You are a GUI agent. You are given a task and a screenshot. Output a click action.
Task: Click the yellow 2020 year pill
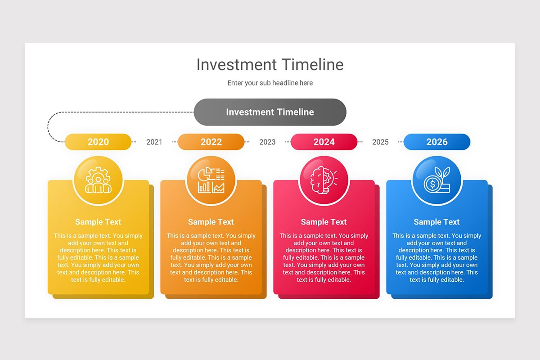[x=98, y=142]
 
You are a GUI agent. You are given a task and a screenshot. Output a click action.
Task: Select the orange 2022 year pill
[x=211, y=142]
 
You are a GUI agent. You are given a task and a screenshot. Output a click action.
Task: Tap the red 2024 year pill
[x=324, y=142]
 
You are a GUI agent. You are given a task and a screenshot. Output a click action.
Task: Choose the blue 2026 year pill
[x=437, y=142]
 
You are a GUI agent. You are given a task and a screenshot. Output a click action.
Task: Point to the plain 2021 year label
[x=154, y=142]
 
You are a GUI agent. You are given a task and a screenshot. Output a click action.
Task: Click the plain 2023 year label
[x=267, y=142]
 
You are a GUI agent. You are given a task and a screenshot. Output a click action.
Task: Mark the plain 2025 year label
[x=380, y=142]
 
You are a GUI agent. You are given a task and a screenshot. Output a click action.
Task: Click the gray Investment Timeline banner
[x=270, y=112]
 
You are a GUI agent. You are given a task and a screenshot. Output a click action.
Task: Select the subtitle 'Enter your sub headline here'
[x=270, y=83]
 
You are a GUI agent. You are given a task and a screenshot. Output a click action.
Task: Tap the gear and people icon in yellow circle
[x=98, y=180]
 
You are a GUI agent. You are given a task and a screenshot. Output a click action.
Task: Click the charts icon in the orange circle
[x=211, y=180]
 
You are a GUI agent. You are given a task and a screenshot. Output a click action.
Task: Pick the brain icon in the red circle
[x=324, y=180]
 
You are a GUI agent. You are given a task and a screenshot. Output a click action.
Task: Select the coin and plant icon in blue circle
[x=437, y=180]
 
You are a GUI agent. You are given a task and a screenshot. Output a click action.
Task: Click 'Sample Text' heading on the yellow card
[x=98, y=222]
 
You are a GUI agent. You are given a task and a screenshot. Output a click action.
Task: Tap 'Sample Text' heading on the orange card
[x=211, y=222]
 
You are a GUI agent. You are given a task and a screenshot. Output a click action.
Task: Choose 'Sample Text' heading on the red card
[x=324, y=222]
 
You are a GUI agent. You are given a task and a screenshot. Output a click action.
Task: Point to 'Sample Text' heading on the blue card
[x=437, y=222]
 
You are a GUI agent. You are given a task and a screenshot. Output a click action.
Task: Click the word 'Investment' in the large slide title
[x=236, y=65]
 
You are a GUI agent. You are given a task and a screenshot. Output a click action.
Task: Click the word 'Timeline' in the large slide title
[x=313, y=65]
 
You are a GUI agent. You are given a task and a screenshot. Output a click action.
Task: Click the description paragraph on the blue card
[x=437, y=257]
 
